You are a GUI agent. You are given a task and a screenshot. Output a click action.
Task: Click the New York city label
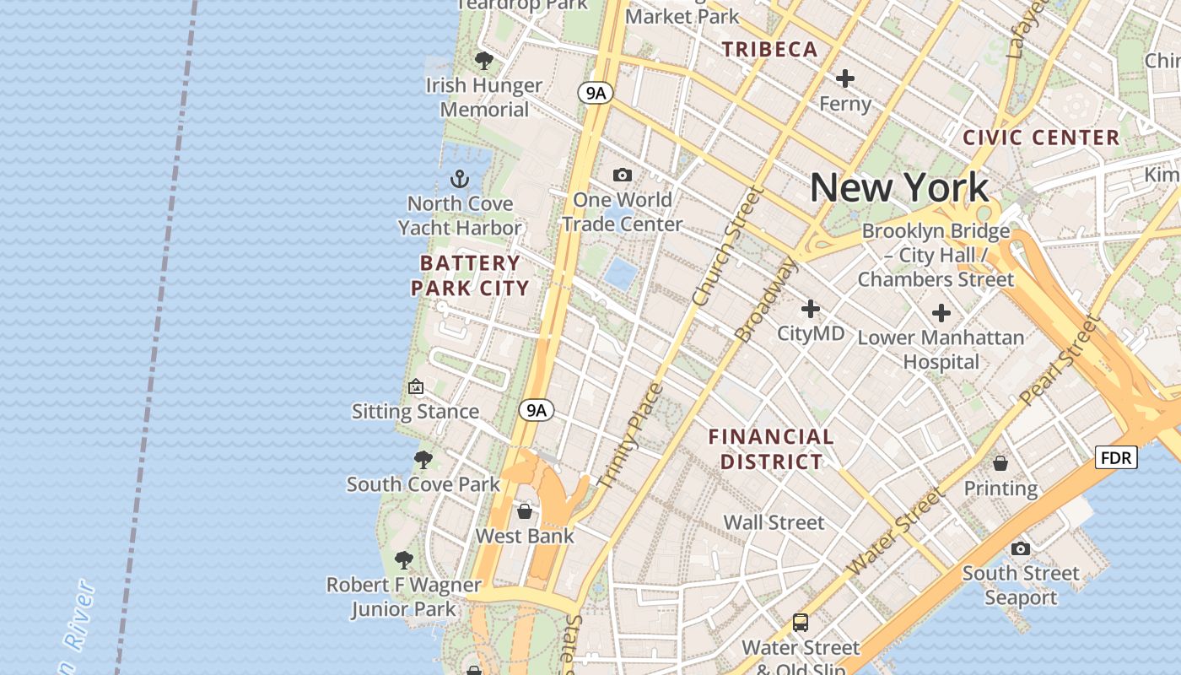click(899, 187)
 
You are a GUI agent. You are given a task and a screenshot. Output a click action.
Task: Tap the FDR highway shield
click(1116, 458)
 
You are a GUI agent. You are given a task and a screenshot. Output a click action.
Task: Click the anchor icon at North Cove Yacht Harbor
click(460, 179)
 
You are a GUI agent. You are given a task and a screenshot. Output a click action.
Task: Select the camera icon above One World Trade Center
click(623, 175)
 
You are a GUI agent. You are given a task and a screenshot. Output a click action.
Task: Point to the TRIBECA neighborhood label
click(769, 50)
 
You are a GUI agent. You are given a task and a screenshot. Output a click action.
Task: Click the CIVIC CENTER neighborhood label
click(1041, 138)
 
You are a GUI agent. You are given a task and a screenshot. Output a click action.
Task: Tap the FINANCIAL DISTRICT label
click(771, 449)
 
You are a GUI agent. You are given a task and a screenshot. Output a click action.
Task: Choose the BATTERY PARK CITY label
click(470, 275)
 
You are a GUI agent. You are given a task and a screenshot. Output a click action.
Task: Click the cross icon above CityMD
click(811, 309)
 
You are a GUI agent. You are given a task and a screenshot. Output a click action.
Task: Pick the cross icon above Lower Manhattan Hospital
click(941, 314)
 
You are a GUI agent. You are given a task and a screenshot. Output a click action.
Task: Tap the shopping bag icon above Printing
click(1000, 463)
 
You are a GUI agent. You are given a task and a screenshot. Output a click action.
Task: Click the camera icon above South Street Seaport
click(1021, 548)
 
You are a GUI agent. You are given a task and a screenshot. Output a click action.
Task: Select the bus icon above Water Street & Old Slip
click(801, 623)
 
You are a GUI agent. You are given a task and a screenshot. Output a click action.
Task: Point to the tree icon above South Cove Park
click(423, 460)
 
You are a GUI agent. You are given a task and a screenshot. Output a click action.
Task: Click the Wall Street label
click(774, 522)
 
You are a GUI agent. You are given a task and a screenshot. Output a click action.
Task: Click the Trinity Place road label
click(630, 436)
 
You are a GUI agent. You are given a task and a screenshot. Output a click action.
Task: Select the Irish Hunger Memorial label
click(484, 97)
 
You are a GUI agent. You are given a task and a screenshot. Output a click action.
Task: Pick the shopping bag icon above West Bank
click(525, 511)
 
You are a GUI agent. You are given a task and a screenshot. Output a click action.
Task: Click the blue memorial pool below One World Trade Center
click(621, 274)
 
